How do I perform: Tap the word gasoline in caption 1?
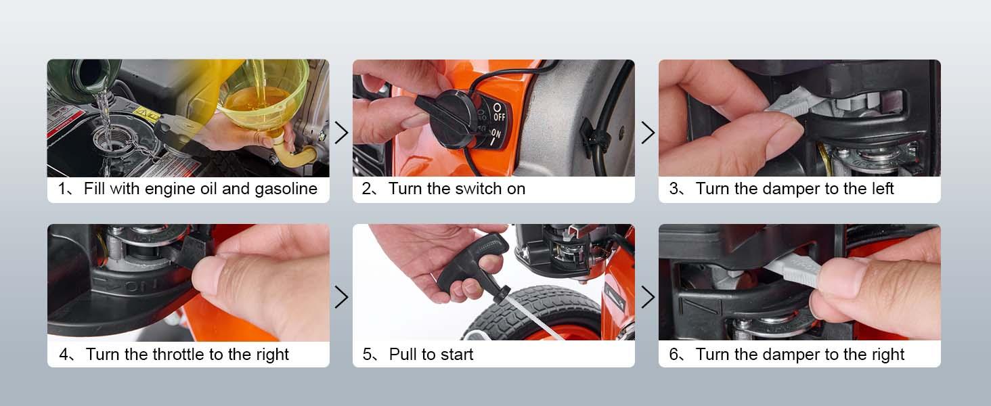[286, 189]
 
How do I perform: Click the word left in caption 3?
[881, 189]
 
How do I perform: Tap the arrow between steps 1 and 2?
[341, 133]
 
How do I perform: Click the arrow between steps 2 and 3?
[647, 133]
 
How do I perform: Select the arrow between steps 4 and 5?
[341, 296]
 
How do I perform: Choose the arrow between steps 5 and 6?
[647, 296]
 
